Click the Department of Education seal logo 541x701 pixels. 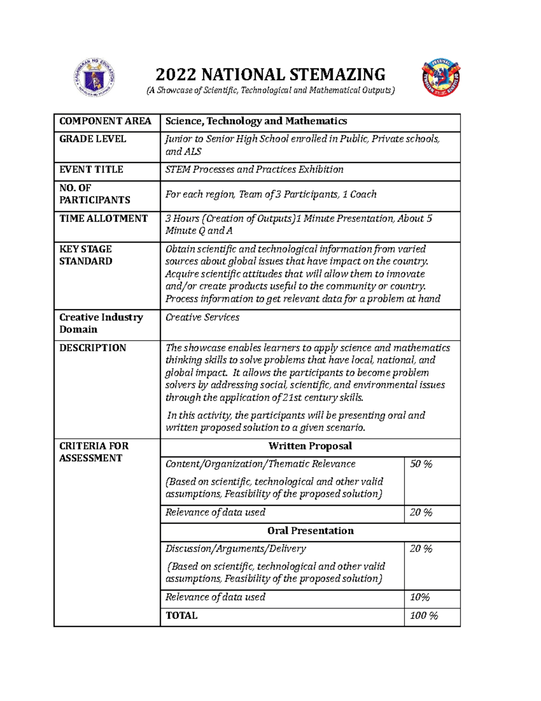pos(94,77)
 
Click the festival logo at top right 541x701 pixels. pos(440,78)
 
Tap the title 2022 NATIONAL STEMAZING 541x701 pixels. pos(270,74)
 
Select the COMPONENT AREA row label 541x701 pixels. pos(105,121)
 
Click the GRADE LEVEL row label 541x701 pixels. pos(92,139)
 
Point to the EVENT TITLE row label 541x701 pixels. pos(91,170)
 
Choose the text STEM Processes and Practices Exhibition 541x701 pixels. pos(254,170)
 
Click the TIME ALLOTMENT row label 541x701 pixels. pos(103,218)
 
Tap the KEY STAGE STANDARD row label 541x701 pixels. pos(86,255)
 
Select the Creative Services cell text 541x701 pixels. pos(202,317)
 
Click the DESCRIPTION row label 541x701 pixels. pos(92,348)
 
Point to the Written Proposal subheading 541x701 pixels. pos(310,446)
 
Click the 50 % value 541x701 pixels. pos(421,464)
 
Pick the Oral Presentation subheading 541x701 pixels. pos(310,531)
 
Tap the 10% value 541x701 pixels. pos(419,597)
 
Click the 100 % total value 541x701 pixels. pos(423,616)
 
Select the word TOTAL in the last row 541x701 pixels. pos(181,616)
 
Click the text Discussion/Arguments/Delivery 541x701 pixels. pos(235,549)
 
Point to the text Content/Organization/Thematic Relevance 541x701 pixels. pos(260,464)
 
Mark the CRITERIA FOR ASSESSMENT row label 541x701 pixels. pos(94,452)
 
